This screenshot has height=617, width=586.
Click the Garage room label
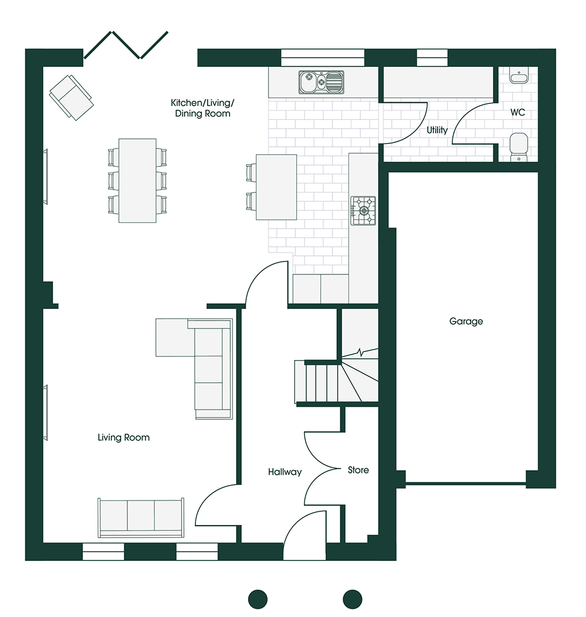coord(466,322)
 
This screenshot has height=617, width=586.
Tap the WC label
coord(517,113)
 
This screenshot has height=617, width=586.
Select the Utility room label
coord(437,130)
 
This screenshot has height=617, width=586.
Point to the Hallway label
coord(285,472)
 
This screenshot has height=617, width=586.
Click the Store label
coord(358,470)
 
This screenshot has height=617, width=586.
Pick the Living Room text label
coord(123,438)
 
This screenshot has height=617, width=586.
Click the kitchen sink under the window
coord(322,82)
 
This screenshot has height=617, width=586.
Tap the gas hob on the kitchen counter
coord(363,211)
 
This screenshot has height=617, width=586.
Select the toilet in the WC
coord(519,147)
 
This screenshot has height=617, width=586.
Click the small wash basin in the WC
coord(519,75)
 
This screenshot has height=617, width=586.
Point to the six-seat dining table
coord(137,181)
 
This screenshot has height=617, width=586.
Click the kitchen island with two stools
coord(272,187)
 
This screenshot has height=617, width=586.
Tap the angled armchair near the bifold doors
coord(71,97)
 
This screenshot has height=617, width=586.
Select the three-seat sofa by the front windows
coord(141,518)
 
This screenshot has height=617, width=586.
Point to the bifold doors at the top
coord(126,45)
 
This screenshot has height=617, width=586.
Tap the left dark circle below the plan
coord(258,600)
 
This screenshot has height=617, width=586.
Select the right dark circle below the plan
coord(352,600)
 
